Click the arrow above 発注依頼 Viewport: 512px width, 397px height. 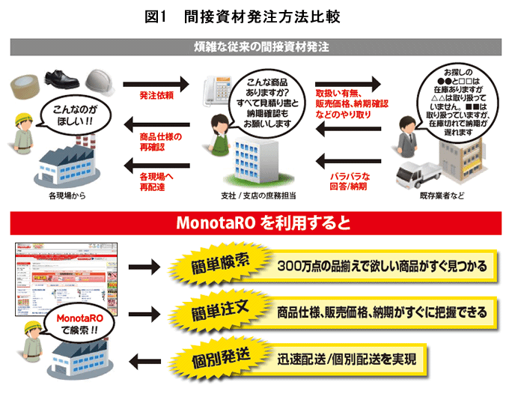point(159,83)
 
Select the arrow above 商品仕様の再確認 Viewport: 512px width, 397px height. point(159,124)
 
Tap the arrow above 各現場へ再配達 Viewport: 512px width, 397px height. point(159,163)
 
